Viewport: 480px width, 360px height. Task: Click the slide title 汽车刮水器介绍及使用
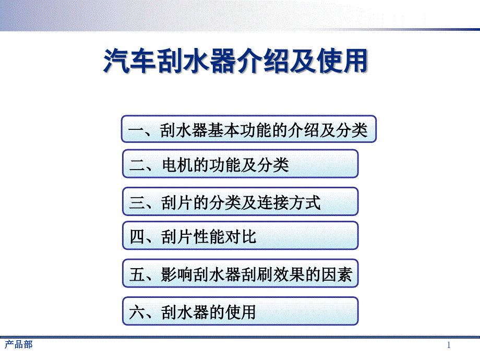point(236,61)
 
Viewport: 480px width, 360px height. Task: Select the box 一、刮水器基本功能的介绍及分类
point(248,129)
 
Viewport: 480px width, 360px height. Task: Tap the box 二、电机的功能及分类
point(241,164)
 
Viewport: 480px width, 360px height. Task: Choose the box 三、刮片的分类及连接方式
point(241,201)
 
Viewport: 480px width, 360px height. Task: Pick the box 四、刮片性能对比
point(241,235)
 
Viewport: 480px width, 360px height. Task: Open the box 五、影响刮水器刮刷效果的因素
point(241,273)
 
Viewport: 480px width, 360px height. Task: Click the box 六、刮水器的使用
point(241,311)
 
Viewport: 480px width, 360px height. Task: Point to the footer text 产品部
point(19,345)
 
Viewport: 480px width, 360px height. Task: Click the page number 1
point(449,345)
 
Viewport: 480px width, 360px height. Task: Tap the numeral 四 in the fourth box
point(137,237)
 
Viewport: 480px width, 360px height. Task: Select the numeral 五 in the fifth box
point(137,274)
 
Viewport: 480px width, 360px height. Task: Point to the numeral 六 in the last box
point(137,312)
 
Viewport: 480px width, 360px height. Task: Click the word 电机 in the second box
point(177,165)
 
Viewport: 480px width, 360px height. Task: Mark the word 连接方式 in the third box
point(289,202)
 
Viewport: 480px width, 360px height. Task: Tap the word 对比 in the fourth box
point(241,237)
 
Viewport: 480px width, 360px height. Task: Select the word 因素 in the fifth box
point(337,274)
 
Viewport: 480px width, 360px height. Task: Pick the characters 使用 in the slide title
point(342,61)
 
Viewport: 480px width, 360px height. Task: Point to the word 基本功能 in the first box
point(239,130)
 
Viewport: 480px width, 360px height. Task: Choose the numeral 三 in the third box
point(137,202)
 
